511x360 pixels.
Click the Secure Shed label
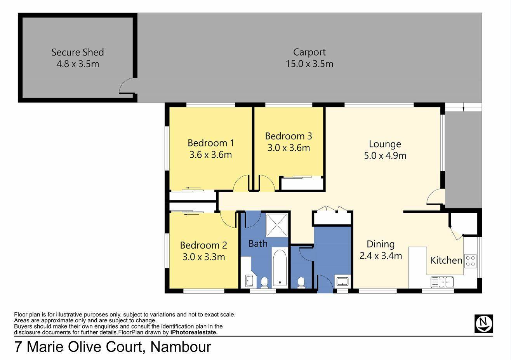78,52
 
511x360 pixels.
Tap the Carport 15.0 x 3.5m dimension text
309,64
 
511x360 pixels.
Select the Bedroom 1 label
211,143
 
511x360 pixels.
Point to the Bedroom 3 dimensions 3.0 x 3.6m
289,148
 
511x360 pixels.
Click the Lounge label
385,144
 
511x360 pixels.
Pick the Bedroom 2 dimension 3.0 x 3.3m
204,257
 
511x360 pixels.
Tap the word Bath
258,243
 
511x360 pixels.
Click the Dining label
381,244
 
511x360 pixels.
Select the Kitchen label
446,260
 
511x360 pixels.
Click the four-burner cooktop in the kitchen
470,261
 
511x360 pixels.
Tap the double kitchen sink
442,282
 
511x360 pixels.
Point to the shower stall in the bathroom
277,225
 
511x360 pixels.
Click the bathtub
280,268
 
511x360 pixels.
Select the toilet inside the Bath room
264,282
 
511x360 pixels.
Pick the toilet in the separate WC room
301,282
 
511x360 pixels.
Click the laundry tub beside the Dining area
342,281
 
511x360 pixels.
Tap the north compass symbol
484,323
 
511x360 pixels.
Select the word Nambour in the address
181,347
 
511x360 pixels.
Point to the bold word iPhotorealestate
194,332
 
